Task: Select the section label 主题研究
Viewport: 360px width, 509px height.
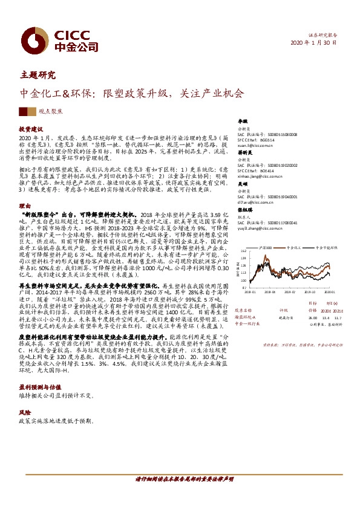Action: click(38, 76)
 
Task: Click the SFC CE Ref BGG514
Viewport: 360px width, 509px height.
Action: click(275, 140)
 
